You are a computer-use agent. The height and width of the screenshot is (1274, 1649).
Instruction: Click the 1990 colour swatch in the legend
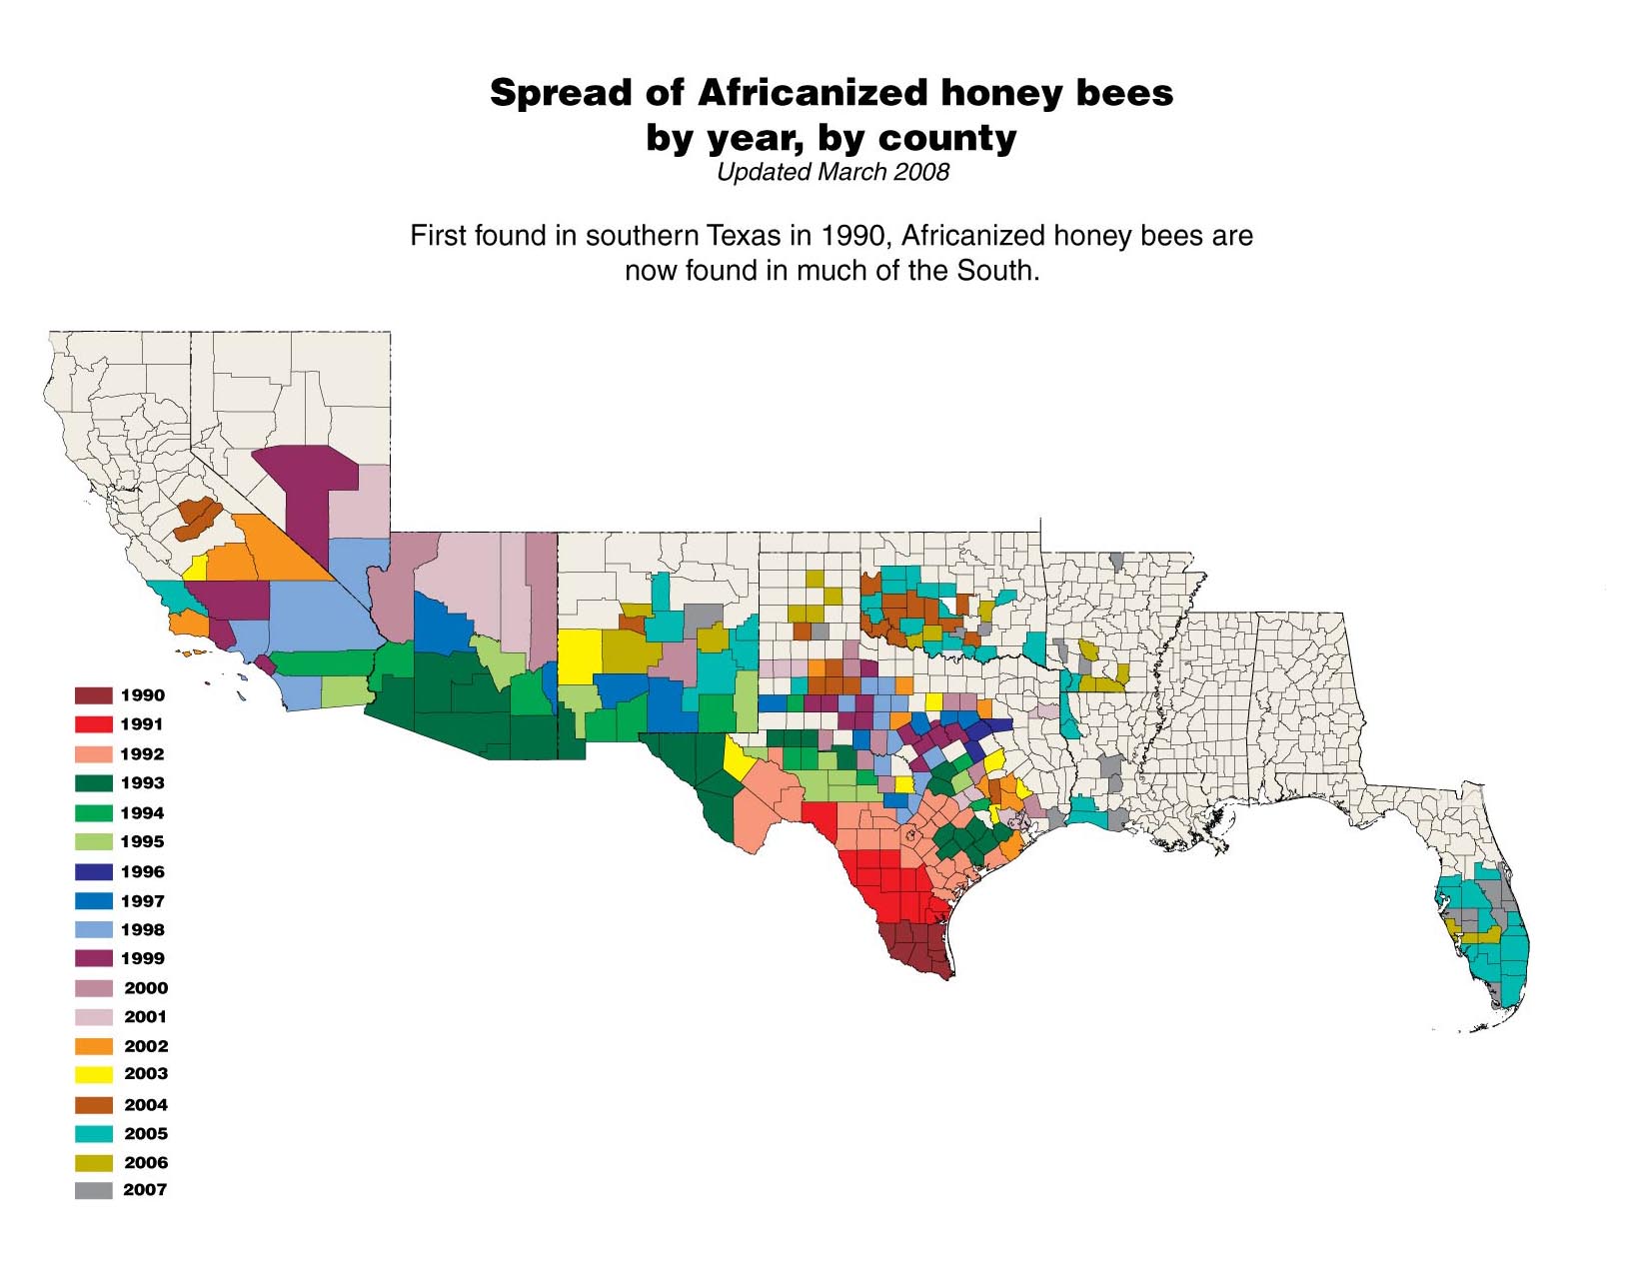[x=93, y=695]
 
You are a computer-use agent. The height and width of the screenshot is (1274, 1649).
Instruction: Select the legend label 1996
[x=142, y=872]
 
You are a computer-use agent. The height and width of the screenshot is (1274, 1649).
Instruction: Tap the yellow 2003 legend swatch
[x=93, y=1075]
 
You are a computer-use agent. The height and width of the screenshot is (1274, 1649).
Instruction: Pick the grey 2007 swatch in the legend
[x=93, y=1190]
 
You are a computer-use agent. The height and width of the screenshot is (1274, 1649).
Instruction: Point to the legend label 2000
[x=146, y=988]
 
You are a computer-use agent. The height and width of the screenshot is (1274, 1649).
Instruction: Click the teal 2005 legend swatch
[x=93, y=1134]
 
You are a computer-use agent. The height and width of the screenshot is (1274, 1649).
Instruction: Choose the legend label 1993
[x=142, y=783]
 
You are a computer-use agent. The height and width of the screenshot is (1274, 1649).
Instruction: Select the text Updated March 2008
[x=831, y=172]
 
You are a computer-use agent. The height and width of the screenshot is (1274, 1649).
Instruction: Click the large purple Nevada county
[x=305, y=490]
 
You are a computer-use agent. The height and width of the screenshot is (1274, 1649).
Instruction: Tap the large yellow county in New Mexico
[x=579, y=656]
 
